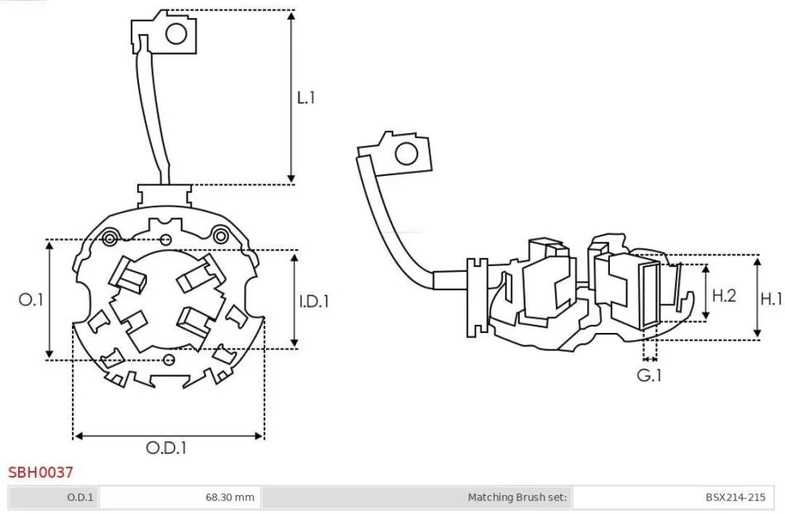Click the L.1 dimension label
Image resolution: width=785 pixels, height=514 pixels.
pos(306,98)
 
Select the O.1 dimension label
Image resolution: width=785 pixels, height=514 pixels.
pos(31,299)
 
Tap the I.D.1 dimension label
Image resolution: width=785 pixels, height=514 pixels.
pos(314,302)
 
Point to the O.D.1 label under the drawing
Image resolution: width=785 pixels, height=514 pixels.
pos(166,447)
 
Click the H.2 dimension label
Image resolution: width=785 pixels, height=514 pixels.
pos(724,295)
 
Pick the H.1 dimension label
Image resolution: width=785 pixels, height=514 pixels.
pos(771,299)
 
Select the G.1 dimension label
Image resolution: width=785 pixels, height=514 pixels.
pos(649,375)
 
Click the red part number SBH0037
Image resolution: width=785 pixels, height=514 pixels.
pos(40,472)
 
